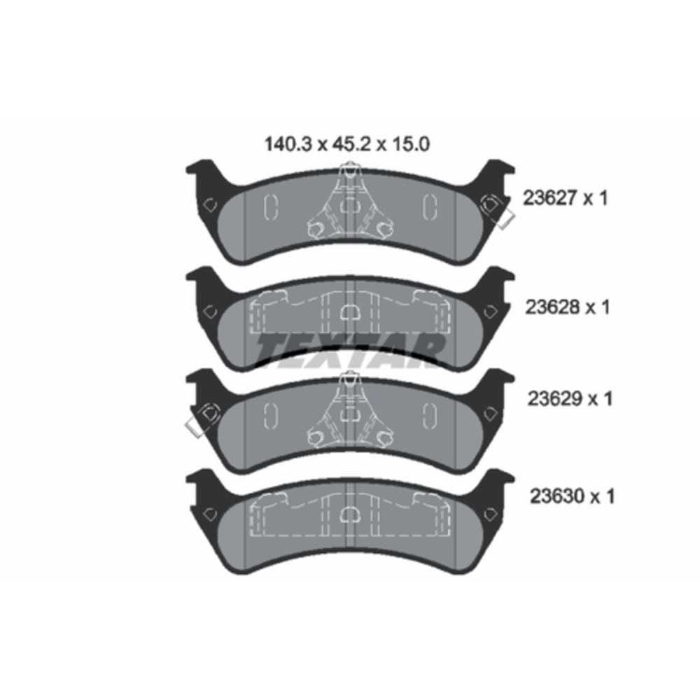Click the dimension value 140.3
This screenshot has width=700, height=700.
coord(288,144)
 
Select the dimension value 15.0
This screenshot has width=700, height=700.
coord(411,144)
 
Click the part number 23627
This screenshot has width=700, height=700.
coord(550,198)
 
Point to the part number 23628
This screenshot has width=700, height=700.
coord(552,307)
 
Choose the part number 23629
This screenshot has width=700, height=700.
coord(554,399)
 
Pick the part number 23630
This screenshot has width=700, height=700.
coord(557,496)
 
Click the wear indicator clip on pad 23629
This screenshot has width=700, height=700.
coord(202,419)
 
